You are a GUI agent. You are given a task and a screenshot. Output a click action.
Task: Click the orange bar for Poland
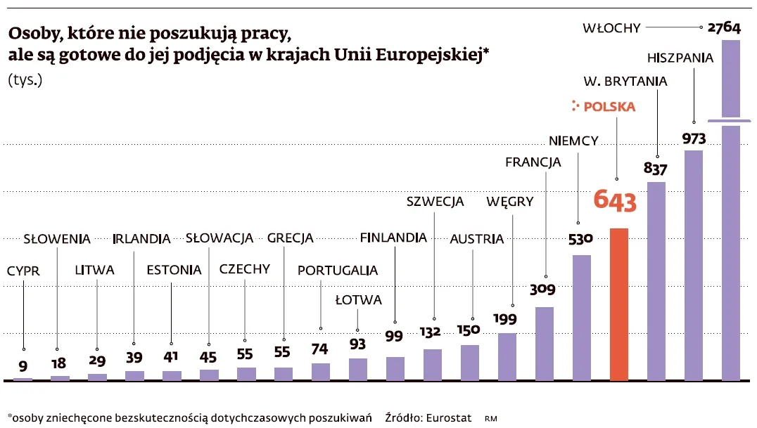point(618,304)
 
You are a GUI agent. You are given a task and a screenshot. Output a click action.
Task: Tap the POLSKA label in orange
point(609,107)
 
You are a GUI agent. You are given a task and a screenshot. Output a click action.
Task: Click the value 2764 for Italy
point(724,28)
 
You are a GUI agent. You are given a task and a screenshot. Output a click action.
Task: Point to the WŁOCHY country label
point(611,28)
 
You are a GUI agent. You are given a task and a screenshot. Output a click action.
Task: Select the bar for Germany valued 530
point(581,317)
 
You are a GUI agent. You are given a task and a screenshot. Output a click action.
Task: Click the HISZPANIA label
point(680,58)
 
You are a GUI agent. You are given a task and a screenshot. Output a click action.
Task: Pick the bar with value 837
point(656,280)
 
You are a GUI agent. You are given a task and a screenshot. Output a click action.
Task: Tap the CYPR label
point(23,271)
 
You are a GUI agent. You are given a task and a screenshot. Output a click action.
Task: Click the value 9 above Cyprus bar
point(23,365)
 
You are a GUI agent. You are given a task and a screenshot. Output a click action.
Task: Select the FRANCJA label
point(533,162)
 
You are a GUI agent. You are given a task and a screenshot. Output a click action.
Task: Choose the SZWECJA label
point(435,202)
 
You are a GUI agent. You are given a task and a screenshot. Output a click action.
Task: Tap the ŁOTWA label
point(358,300)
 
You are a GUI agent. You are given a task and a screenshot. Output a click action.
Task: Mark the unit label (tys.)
point(25,79)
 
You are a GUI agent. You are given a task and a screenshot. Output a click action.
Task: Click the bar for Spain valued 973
point(694,264)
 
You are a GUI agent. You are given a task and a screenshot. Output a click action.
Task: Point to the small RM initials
point(490,418)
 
